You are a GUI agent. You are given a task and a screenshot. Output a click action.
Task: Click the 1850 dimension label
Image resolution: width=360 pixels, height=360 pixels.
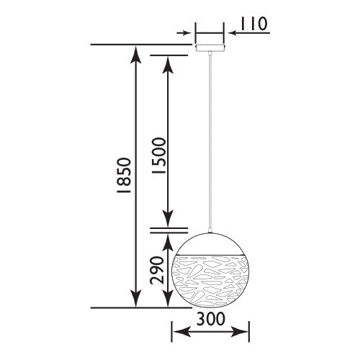tap(124, 176)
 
